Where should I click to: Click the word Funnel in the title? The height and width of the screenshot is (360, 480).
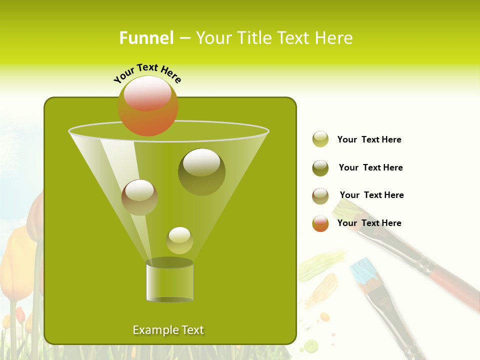click(146, 38)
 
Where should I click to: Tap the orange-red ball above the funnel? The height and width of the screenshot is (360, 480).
click(148, 105)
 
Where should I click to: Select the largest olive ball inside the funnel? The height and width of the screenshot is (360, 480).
click(202, 171)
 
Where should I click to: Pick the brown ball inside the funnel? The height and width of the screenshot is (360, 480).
click(139, 197)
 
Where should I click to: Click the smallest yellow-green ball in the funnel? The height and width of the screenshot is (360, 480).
click(179, 240)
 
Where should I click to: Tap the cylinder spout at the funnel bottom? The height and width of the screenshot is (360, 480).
click(169, 281)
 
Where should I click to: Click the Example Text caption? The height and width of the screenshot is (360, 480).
click(168, 330)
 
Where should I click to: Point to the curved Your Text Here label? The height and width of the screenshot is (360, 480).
click(147, 73)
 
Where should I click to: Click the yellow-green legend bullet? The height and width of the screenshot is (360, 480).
click(320, 139)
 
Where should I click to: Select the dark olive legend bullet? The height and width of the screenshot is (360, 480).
click(320, 168)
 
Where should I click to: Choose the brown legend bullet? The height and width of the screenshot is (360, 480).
click(320, 196)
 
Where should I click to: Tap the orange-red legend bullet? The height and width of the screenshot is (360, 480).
click(320, 223)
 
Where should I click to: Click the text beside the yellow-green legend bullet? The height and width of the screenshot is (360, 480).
click(369, 139)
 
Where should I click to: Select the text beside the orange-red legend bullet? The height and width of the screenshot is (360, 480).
click(369, 223)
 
